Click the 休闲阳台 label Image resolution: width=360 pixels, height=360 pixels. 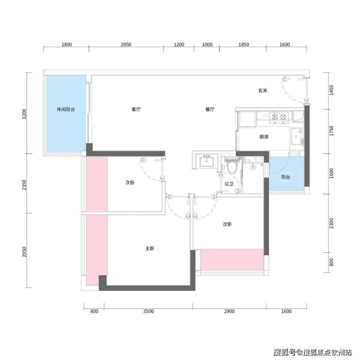point(66,109)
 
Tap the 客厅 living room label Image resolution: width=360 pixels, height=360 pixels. point(136,109)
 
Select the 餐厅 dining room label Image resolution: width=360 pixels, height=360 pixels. point(210,109)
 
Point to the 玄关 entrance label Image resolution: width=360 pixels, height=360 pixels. point(263,90)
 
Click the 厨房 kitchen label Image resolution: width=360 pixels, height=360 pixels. point(264,137)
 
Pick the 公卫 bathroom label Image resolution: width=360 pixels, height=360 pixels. point(229,184)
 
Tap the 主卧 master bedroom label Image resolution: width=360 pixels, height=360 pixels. point(150,249)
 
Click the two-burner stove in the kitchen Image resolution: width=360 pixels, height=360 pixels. point(279,117)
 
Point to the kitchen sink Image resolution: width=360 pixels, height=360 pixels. point(297,137)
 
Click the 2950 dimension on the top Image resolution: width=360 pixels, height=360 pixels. point(126,45)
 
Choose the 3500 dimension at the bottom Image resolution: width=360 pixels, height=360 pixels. point(148,311)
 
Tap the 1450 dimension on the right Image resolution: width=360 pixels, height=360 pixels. point(331,90)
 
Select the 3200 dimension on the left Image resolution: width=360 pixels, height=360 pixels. point(25,114)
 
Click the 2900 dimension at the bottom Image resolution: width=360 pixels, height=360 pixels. point(229,311)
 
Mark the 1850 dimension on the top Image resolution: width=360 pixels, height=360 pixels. point(244,45)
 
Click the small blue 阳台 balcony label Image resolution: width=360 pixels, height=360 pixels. point(286,177)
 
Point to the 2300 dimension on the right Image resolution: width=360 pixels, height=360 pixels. point(331,223)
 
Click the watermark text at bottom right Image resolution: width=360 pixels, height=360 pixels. point(313,352)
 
